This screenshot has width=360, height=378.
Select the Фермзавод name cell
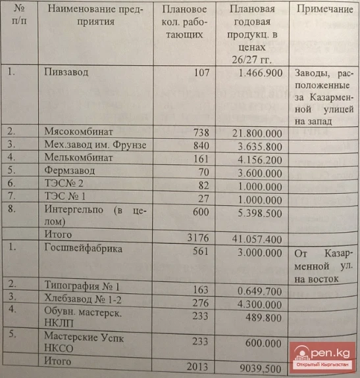[x=68, y=170]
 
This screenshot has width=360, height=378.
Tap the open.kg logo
[x=326, y=359]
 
